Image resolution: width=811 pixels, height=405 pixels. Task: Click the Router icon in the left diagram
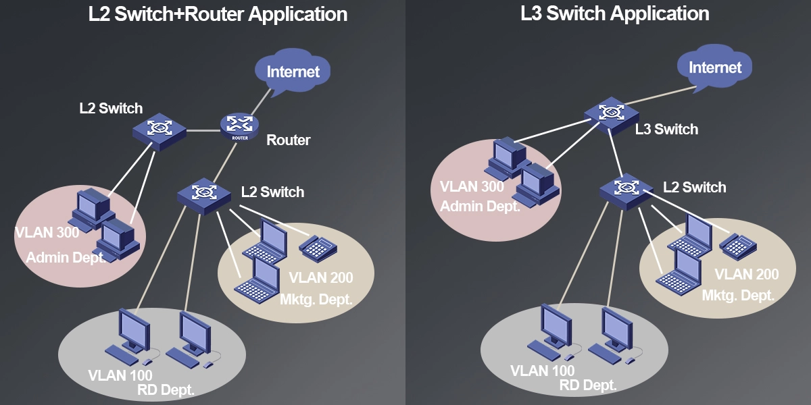pyautogui.click(x=239, y=126)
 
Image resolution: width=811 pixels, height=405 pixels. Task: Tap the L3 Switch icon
pyautogui.click(x=610, y=113)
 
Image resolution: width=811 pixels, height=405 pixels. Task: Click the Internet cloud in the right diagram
pyautogui.click(x=714, y=67)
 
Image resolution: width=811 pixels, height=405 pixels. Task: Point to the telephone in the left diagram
pyautogui.click(x=318, y=248)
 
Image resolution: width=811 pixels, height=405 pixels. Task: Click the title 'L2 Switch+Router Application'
pyautogui.click(x=218, y=14)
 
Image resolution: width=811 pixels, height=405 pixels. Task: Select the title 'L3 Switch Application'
pyautogui.click(x=614, y=13)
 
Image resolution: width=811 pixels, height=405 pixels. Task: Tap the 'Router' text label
pyautogui.click(x=289, y=140)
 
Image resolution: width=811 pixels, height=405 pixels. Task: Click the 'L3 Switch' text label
pyautogui.click(x=666, y=129)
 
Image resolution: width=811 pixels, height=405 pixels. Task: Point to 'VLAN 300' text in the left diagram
pyautogui.click(x=47, y=233)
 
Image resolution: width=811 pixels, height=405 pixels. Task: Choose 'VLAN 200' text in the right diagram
pyautogui.click(x=746, y=274)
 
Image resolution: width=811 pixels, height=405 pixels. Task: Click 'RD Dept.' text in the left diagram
pyautogui.click(x=166, y=389)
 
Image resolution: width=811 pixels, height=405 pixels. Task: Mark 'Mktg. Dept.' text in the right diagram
pyautogui.click(x=738, y=295)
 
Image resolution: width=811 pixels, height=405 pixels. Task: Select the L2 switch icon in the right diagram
pyautogui.click(x=625, y=188)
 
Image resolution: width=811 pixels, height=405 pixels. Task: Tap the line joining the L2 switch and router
pyautogui.click(x=203, y=129)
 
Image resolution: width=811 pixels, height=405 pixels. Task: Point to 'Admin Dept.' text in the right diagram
pyautogui.click(x=480, y=206)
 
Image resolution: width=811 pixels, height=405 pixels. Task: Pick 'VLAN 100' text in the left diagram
pyautogui.click(x=120, y=375)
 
